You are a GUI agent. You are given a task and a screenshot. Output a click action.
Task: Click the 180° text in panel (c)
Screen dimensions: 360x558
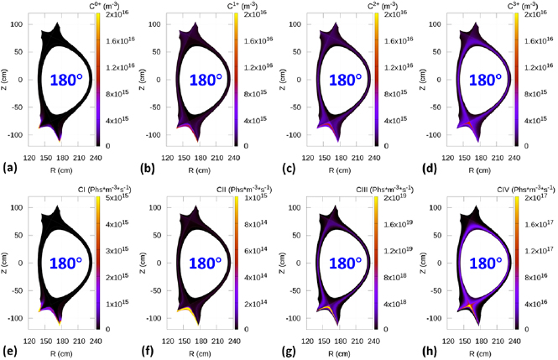(345, 81)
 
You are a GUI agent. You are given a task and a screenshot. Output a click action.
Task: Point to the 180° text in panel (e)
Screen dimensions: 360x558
(64, 263)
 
